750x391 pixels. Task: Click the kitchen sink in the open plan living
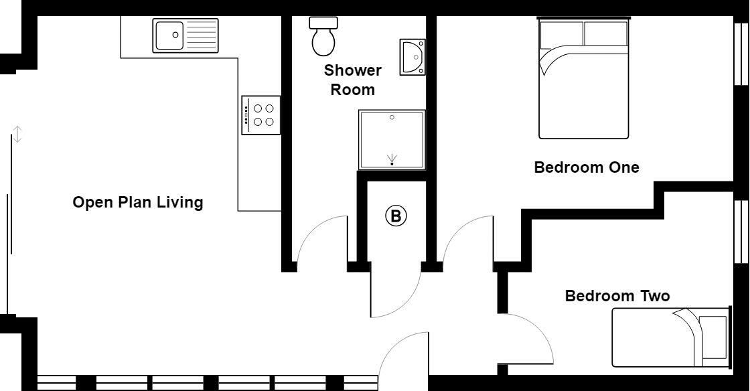click(x=186, y=35)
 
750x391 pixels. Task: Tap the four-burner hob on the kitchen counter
click(x=261, y=115)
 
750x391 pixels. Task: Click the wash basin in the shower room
click(x=412, y=58)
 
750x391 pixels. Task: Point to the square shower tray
click(x=392, y=139)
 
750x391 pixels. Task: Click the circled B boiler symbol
click(x=396, y=216)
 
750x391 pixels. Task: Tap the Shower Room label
click(x=353, y=80)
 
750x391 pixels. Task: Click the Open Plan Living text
click(x=137, y=202)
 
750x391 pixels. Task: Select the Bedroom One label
click(x=586, y=167)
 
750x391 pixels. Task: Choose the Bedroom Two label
click(x=617, y=296)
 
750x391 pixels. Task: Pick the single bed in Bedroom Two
click(x=670, y=337)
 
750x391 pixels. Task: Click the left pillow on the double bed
click(x=561, y=33)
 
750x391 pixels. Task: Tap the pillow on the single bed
click(x=713, y=337)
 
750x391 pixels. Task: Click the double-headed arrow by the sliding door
click(x=18, y=134)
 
